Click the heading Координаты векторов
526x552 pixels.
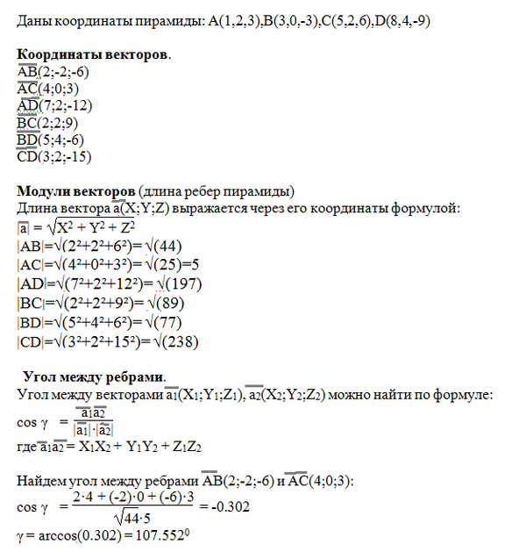(x=94, y=55)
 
